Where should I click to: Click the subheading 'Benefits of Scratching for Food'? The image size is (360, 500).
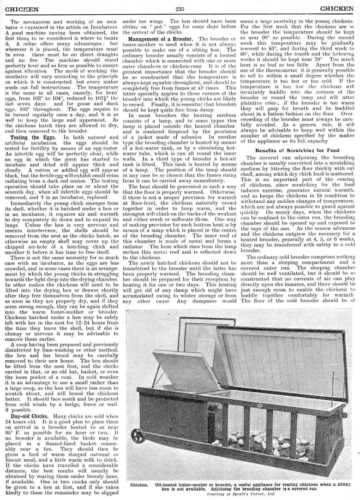point(297,150)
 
